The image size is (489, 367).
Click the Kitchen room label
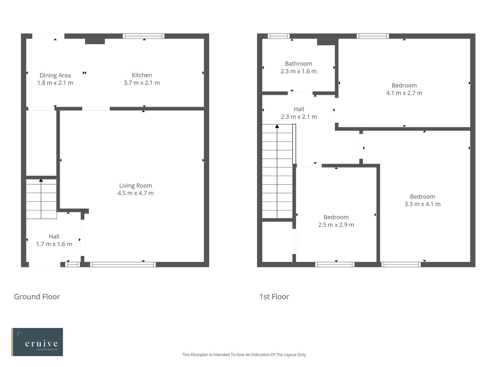142,75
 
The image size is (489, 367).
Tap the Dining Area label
55,75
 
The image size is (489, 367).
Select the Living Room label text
135,186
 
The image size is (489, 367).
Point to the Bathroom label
298,64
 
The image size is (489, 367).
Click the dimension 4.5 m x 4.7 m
135,193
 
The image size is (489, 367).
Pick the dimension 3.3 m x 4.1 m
422,204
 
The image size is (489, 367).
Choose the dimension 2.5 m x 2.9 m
336,225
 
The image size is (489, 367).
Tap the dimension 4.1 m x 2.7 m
404,93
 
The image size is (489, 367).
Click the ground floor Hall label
54,237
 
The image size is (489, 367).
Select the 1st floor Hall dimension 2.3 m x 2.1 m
299,117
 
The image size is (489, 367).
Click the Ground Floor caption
37,297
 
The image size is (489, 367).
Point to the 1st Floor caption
274,297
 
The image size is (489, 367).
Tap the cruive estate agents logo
37,342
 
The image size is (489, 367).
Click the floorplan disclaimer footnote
244,354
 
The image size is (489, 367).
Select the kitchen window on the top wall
144,36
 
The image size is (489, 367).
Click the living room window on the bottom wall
123,264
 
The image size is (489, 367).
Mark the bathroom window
278,36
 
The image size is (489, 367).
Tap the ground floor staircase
41,199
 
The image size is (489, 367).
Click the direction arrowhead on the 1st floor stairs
277,126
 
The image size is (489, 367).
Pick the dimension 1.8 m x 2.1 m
55,83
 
